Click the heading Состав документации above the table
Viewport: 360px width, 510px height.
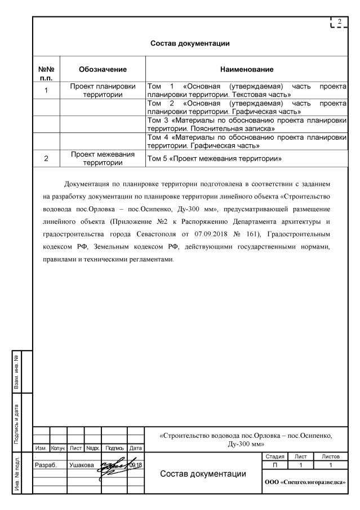(x=190, y=43)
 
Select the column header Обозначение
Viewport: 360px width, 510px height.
(x=102, y=69)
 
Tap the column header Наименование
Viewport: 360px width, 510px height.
(x=247, y=69)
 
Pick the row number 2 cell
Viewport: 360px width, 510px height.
(x=48, y=159)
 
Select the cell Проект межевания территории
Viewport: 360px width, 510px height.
(x=102, y=159)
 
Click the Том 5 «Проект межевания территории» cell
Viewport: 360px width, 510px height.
(x=214, y=159)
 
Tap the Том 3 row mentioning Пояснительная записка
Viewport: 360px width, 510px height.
(x=246, y=125)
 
